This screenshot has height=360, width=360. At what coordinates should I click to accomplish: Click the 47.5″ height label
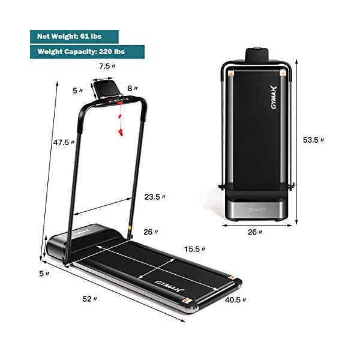(62, 143)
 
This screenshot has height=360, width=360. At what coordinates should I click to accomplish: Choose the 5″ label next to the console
(76, 91)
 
